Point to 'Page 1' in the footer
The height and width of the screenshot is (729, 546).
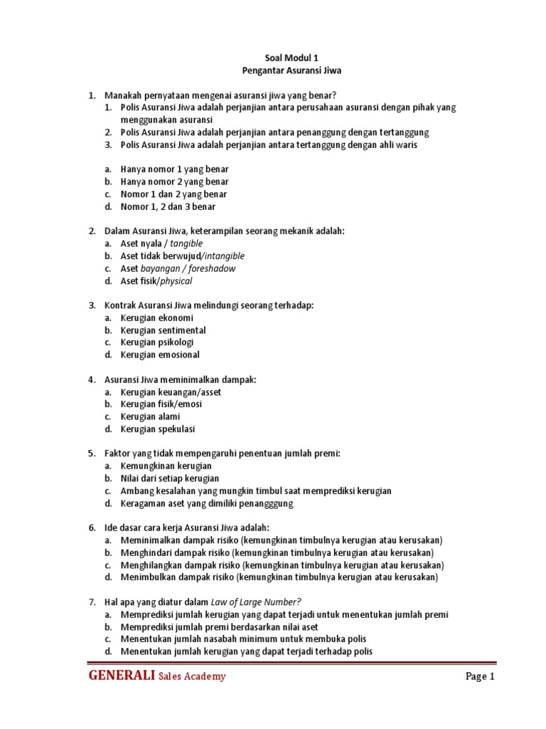point(480,677)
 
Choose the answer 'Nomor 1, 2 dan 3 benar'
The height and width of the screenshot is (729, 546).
point(168,206)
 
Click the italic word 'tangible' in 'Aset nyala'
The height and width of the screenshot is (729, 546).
point(181,243)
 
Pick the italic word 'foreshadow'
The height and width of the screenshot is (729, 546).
point(210,268)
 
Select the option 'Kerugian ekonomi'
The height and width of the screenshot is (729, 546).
point(156,318)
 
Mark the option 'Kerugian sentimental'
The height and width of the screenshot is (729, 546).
point(163,330)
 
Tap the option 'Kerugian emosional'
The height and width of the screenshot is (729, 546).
point(160,355)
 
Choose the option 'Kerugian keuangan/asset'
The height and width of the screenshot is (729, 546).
point(171,392)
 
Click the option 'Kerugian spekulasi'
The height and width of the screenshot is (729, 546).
point(157,429)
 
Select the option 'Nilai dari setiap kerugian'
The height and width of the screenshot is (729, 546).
point(170,478)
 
